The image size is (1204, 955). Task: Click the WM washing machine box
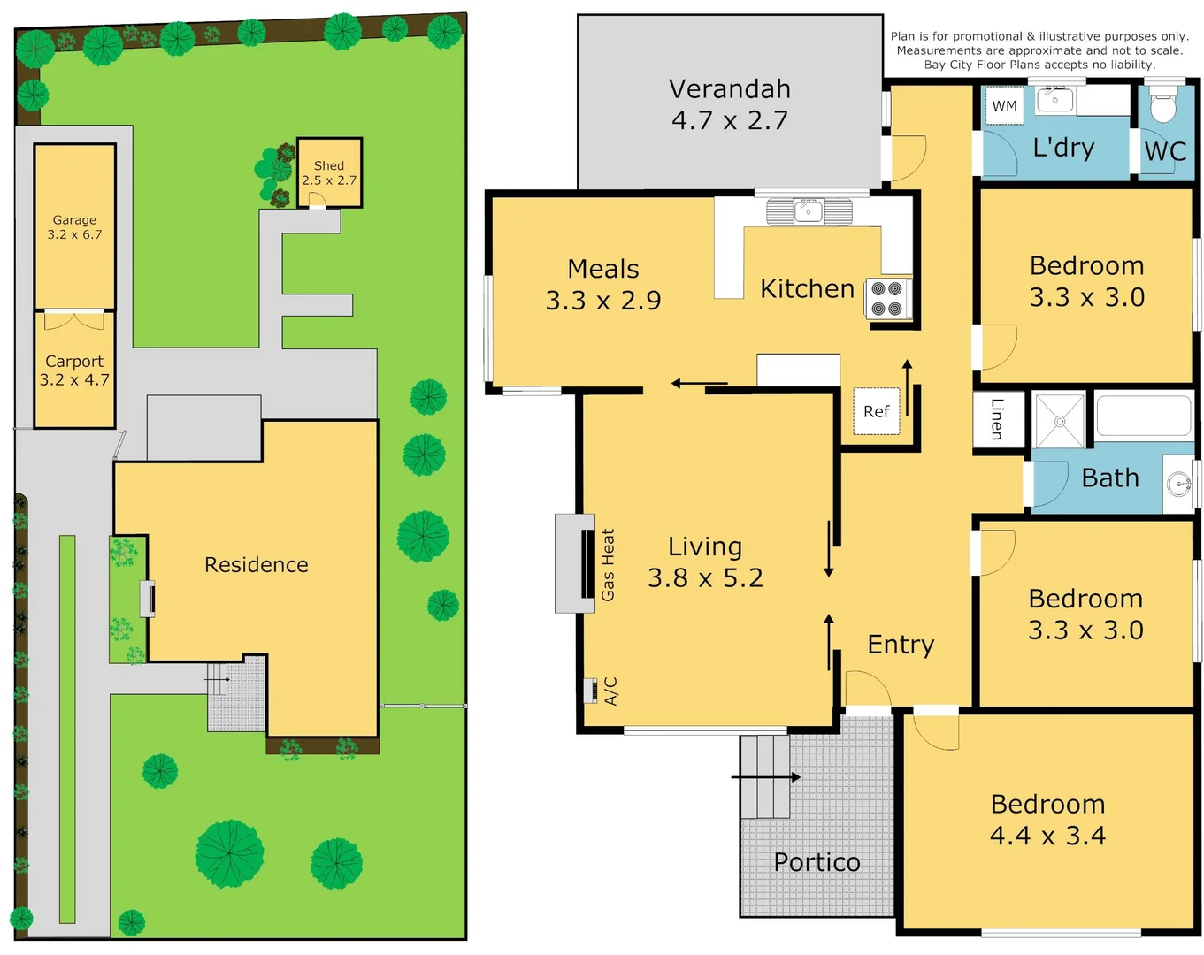1004,106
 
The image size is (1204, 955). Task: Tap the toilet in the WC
1162,106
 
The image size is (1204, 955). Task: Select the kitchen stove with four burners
886,298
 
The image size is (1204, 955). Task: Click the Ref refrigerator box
876,411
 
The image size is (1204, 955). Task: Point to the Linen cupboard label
998,418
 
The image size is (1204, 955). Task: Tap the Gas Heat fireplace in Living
587,563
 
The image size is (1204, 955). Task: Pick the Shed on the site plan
329,172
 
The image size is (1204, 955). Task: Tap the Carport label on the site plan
74,362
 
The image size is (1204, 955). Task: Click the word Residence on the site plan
257,565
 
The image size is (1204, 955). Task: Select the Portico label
817,862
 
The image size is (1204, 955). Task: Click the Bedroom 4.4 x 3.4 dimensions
1047,836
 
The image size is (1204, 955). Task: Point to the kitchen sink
809,211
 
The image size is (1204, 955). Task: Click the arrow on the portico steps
766,777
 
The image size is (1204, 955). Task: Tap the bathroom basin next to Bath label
1178,484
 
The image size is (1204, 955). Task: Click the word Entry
901,645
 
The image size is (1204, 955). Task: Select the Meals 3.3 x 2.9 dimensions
603,301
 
